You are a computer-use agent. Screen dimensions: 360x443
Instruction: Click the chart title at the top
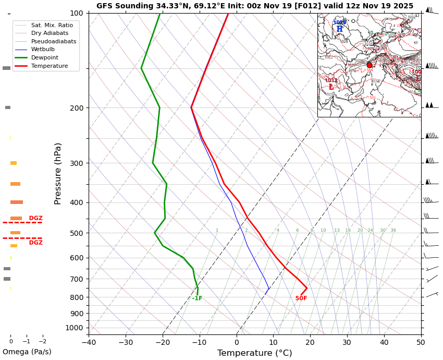pos(254,6)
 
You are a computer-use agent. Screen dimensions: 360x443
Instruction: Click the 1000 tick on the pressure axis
pos(73,328)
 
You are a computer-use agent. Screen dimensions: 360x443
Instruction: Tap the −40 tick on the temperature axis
pos(89,343)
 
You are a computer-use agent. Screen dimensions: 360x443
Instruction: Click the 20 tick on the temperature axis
pos(310,343)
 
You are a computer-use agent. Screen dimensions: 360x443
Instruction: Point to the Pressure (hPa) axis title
pos(58,173)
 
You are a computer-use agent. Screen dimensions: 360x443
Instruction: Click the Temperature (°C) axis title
pos(254,353)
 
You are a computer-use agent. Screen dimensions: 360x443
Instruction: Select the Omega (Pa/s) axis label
pos(27,352)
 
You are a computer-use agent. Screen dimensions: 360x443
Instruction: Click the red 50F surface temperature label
pos(301,298)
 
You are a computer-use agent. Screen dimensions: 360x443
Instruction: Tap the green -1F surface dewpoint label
pos(197,298)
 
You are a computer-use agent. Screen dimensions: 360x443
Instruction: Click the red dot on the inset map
pos(370,65)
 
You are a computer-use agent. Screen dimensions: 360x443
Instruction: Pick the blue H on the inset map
pos(339,29)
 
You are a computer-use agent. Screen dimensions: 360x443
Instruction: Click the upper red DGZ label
pos(36,218)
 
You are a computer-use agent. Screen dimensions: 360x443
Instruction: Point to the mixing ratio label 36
pos(393,231)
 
